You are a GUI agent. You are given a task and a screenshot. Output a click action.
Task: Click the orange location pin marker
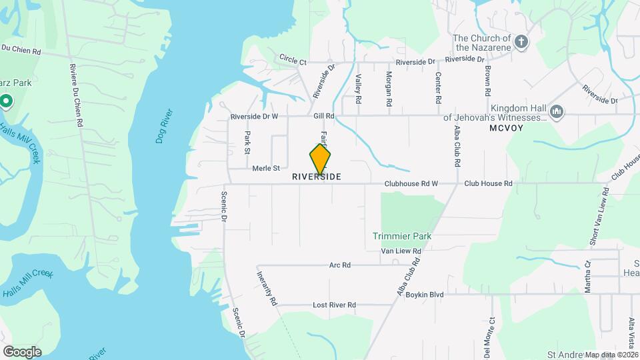(x=320, y=159)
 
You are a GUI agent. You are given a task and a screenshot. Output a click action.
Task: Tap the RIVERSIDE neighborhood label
(x=317, y=177)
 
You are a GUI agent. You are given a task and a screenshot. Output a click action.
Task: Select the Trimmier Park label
(x=402, y=236)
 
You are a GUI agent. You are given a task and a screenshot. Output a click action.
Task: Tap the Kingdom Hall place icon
(x=557, y=111)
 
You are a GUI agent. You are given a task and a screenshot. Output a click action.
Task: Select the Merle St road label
(x=265, y=169)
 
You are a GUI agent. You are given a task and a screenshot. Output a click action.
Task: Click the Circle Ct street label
(x=293, y=60)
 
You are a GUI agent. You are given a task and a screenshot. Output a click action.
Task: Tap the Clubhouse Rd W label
(x=411, y=183)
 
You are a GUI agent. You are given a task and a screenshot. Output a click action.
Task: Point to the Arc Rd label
(x=340, y=265)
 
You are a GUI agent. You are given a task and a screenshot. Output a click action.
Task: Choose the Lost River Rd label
(x=334, y=305)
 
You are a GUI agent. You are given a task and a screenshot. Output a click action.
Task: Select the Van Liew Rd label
(x=401, y=251)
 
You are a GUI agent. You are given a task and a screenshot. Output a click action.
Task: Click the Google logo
(x=22, y=351)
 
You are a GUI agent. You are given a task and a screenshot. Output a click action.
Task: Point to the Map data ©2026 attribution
(x=611, y=355)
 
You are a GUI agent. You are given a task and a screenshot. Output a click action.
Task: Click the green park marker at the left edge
(x=6, y=101)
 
